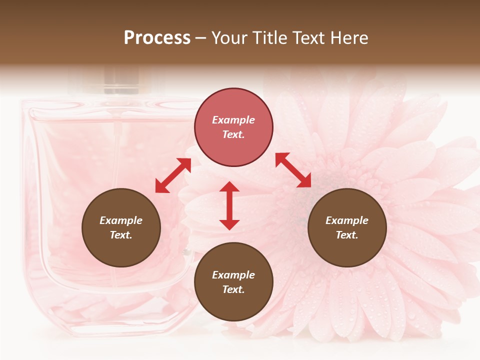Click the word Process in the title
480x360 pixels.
click(157, 38)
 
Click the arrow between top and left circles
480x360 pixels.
click(173, 175)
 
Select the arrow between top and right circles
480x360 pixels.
click(293, 170)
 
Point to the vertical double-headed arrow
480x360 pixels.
click(229, 205)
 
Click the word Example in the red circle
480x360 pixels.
click(233, 120)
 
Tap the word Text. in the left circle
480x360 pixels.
click(121, 235)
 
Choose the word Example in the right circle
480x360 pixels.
click(347, 220)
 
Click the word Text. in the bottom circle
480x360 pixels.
click(233, 289)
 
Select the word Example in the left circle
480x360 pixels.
click(121, 220)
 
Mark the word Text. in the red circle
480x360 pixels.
click(233, 134)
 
